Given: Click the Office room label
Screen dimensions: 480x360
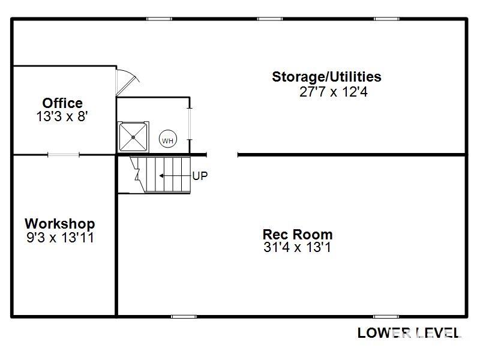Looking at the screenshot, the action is [62, 103].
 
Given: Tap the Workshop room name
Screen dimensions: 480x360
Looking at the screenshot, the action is [60, 224].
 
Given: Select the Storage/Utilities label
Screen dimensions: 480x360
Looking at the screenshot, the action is [326, 77].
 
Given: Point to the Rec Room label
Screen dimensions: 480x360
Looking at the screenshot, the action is [298, 235].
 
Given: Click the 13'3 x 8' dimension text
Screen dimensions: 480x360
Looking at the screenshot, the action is [62, 116].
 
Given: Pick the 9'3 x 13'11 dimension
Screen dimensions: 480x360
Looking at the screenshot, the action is [60, 238].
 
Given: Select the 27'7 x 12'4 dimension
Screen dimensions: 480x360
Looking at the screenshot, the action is [334, 92].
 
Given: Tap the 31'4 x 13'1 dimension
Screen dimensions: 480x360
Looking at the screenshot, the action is [297, 247].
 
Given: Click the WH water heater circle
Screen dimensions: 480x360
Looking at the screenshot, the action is [168, 140].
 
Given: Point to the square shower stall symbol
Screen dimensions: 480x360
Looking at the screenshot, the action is [133, 137].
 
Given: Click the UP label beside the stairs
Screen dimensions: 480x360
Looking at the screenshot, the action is [200, 176].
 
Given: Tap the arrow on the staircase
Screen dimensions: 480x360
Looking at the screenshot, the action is [175, 176].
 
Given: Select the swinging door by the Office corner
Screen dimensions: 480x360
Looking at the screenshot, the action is [128, 82].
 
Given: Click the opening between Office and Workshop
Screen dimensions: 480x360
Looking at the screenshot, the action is [64, 155].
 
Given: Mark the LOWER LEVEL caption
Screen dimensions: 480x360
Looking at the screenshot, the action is [409, 333].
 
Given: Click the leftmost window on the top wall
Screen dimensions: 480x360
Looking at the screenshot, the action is [159, 19].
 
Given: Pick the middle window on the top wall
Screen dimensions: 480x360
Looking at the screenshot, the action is [269, 19].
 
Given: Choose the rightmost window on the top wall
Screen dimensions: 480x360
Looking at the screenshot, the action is [386, 19].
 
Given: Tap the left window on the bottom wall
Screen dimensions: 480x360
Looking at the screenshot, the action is [184, 317].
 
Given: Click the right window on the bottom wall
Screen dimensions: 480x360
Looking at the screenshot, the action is [386, 317].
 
